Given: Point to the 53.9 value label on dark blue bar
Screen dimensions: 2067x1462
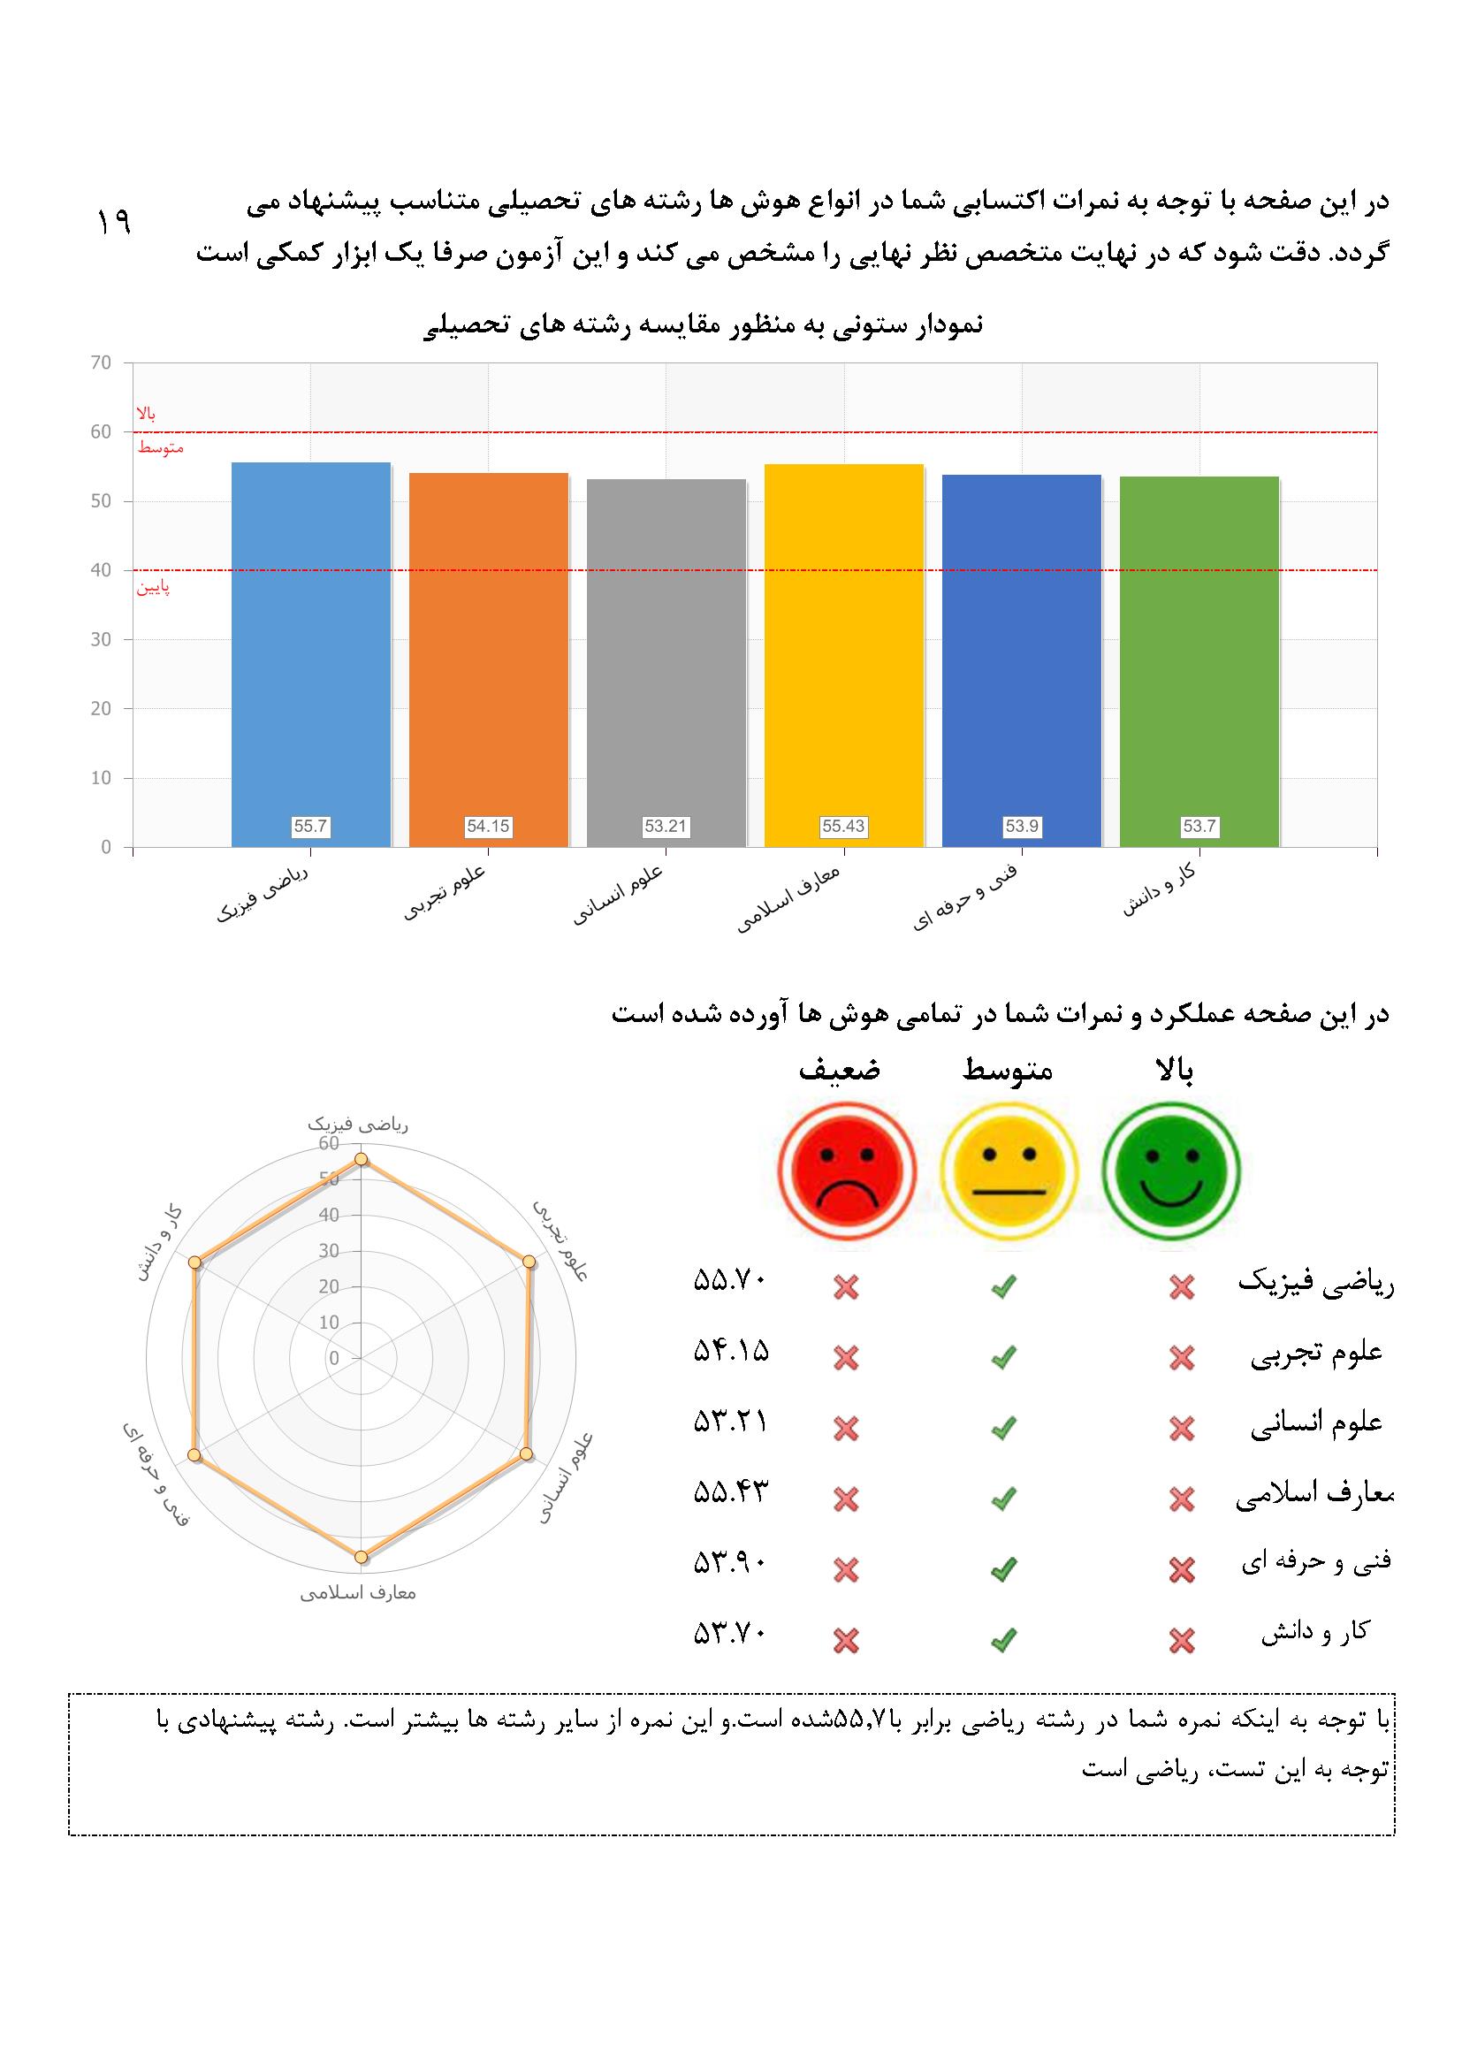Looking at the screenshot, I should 1022,826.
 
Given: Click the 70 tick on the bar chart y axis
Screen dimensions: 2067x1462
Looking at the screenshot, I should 101,362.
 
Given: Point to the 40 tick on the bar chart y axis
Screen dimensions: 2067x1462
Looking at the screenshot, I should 101,570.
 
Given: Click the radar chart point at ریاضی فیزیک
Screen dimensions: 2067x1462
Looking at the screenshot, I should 361,1160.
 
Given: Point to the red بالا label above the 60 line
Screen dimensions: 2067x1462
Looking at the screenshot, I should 146,413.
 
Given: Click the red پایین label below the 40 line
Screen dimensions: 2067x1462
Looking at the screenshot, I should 153,589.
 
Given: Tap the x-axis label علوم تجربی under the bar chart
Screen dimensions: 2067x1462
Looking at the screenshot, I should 446,893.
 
